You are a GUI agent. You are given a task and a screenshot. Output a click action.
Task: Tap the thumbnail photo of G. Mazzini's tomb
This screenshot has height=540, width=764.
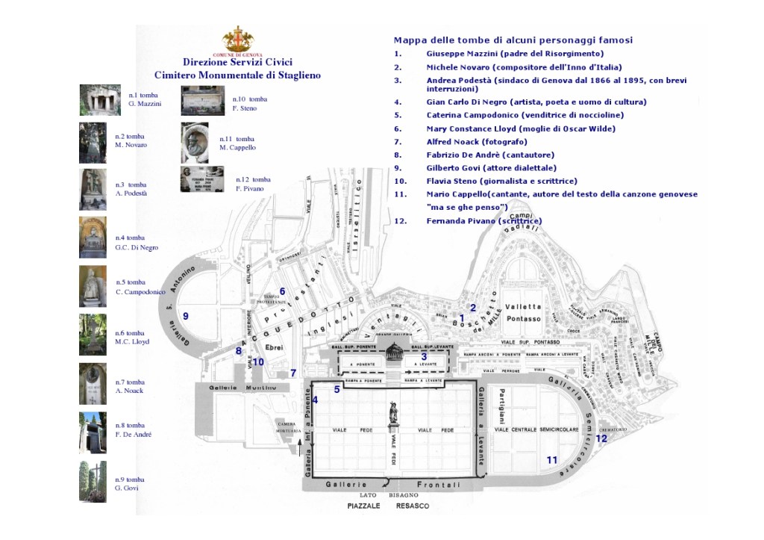click(100, 100)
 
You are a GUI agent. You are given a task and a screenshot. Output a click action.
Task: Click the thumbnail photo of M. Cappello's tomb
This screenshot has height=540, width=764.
click(195, 143)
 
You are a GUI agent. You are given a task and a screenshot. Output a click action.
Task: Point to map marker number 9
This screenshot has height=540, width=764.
click(186, 316)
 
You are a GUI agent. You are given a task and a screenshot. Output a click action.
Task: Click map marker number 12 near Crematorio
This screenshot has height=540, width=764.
click(601, 438)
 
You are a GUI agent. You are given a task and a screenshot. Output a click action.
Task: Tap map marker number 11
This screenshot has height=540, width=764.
click(552, 460)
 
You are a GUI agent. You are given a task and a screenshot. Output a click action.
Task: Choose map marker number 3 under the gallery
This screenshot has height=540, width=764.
click(424, 356)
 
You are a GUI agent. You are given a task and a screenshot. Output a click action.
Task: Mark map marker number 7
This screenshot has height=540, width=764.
click(293, 373)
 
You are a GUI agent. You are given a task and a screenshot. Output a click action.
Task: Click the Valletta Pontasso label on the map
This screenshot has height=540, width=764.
click(522, 313)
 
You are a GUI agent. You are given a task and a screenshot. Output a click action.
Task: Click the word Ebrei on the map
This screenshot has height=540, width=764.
click(275, 348)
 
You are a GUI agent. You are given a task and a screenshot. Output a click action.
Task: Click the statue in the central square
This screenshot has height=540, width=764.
click(393, 415)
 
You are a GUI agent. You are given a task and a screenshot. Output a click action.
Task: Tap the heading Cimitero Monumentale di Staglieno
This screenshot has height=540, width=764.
click(237, 75)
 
